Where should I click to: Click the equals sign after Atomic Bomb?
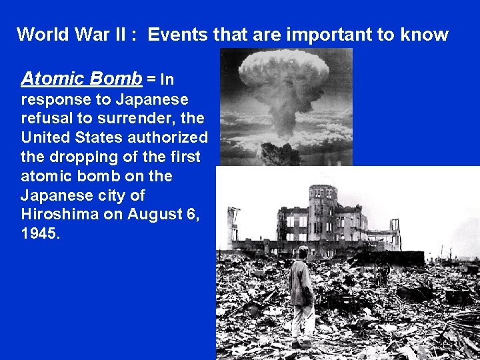[x=151, y=79]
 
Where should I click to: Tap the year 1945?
[x=39, y=234]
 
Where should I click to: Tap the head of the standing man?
[x=303, y=252]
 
